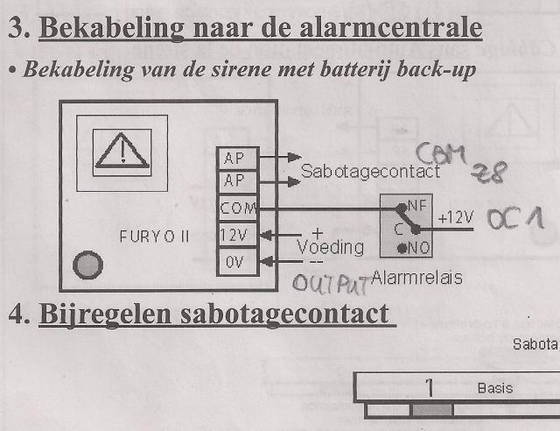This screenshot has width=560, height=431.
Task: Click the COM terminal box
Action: point(237,209)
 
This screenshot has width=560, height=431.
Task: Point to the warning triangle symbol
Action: point(122,152)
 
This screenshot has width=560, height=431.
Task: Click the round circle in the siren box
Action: point(87,264)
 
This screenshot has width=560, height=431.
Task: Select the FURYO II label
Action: point(155,237)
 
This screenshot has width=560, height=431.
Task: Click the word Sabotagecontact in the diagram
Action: point(370,173)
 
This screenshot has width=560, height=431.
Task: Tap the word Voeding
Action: point(330,246)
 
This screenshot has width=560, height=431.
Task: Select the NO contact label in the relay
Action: point(416,249)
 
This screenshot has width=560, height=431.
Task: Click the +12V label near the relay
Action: point(455,217)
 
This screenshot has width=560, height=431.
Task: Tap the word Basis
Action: point(495,387)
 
